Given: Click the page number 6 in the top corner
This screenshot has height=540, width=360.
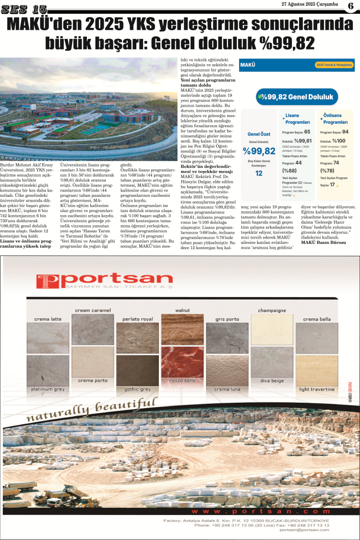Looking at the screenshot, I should (350, 7).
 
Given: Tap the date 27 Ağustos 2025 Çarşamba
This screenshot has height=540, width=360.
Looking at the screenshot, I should (309, 4).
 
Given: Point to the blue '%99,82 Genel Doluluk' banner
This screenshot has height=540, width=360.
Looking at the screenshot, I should (294, 96).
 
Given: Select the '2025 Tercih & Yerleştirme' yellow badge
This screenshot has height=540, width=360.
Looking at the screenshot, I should (334, 64).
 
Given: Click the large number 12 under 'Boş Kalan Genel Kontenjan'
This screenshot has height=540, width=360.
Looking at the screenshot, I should (259, 173).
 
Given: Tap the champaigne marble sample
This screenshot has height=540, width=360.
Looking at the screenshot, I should (272, 329).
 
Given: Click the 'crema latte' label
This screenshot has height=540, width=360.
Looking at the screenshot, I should (48, 319).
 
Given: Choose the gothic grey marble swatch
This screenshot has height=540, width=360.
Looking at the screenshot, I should (137, 370).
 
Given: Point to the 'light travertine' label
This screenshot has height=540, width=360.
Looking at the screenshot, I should (317, 389).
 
